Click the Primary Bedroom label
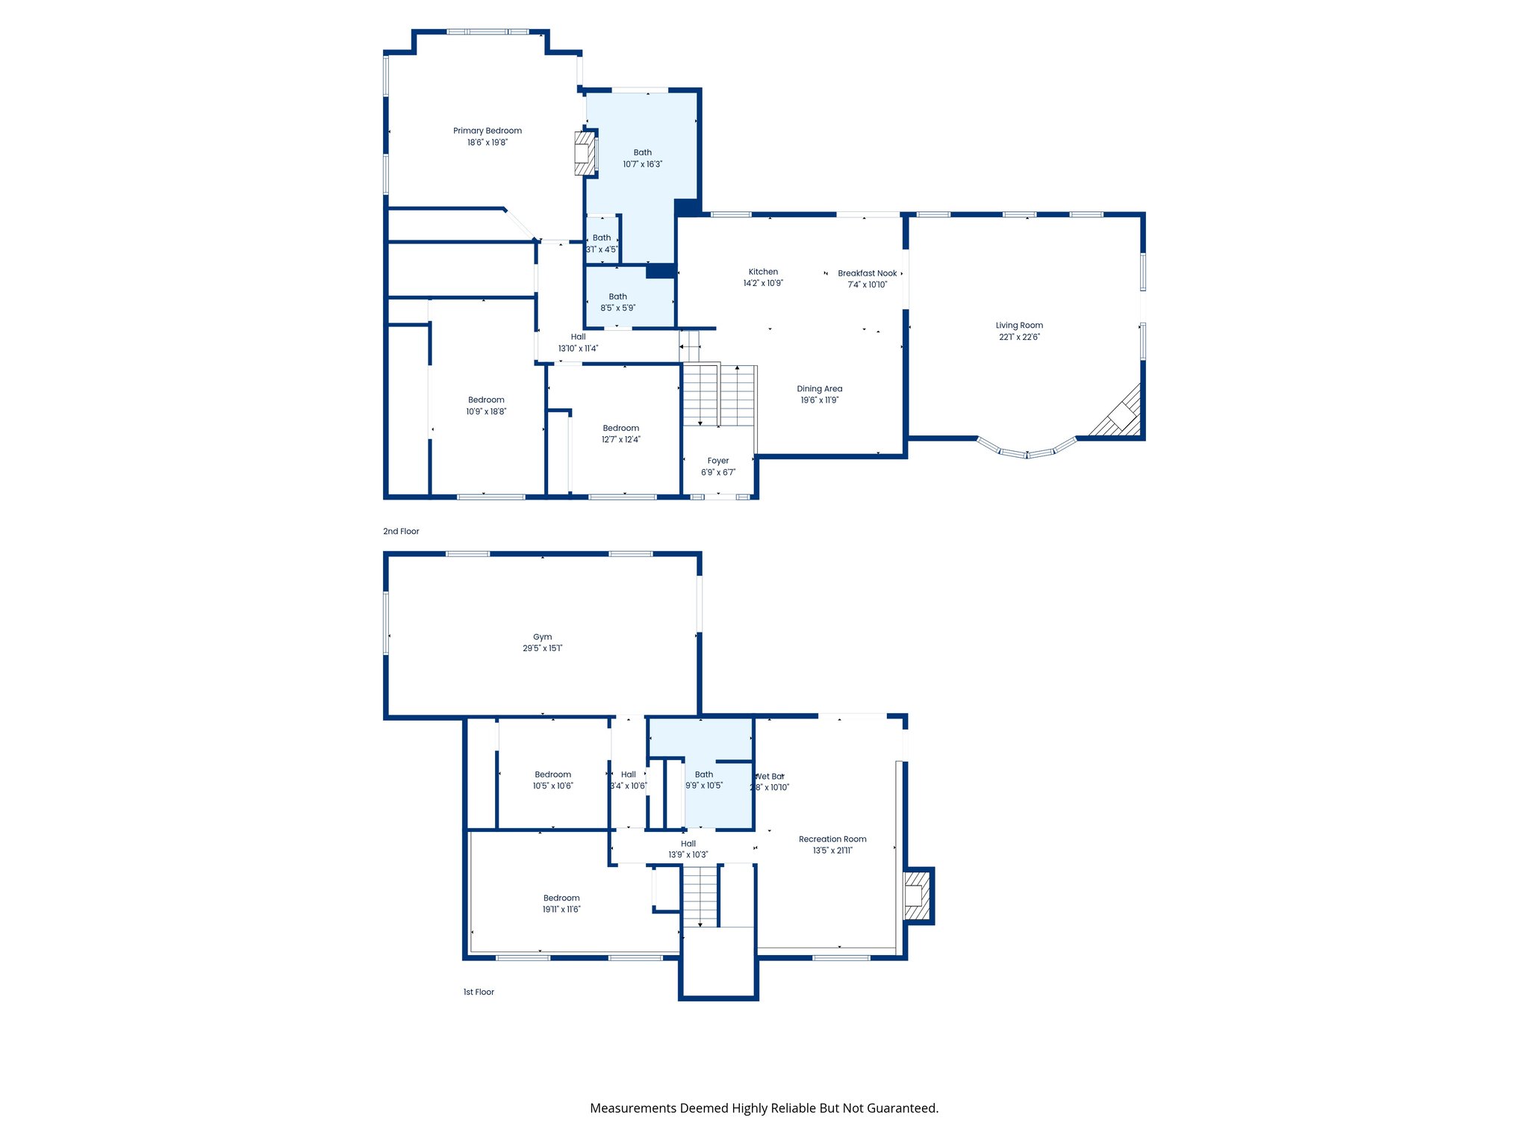click(487, 131)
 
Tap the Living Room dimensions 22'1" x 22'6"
click(1019, 337)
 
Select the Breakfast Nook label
click(867, 273)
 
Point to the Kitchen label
click(763, 272)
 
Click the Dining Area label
click(819, 388)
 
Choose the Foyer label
click(717, 461)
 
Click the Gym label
click(542, 637)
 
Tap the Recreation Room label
click(832, 839)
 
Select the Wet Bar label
click(770, 777)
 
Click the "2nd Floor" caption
click(401, 532)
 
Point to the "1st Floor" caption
click(479, 992)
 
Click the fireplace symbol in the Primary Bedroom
click(585, 154)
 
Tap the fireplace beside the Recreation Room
click(916, 895)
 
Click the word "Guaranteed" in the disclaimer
click(903, 1108)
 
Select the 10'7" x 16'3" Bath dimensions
click(642, 164)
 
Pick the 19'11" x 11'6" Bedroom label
click(561, 898)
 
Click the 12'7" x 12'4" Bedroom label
click(621, 429)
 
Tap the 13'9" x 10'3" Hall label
click(688, 844)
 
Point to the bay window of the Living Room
click(1027, 451)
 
